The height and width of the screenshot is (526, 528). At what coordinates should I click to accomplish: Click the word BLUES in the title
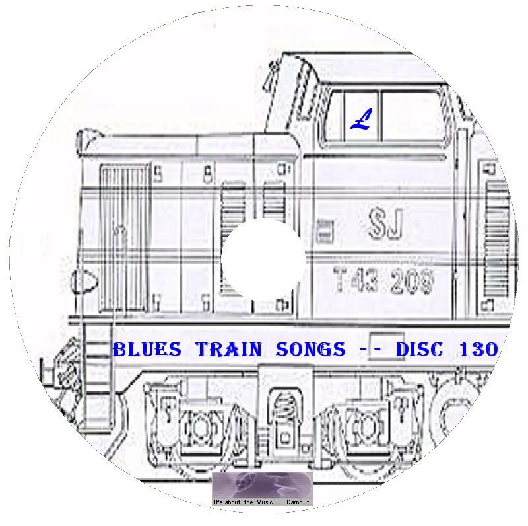coord(147,349)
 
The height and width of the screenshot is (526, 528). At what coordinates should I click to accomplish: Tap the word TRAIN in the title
coord(229,349)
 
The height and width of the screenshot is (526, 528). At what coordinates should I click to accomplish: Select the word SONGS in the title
coord(310,349)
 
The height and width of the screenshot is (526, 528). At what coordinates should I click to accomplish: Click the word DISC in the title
coord(419,349)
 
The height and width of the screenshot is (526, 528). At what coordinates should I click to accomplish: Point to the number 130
coord(478,349)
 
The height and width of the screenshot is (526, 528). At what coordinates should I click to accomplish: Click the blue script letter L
coord(361,119)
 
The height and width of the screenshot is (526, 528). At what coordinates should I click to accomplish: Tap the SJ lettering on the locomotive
coord(386,223)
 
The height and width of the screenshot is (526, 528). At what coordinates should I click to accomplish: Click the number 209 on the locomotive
coord(412,280)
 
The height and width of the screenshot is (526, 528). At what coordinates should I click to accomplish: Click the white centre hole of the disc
coord(263,259)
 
